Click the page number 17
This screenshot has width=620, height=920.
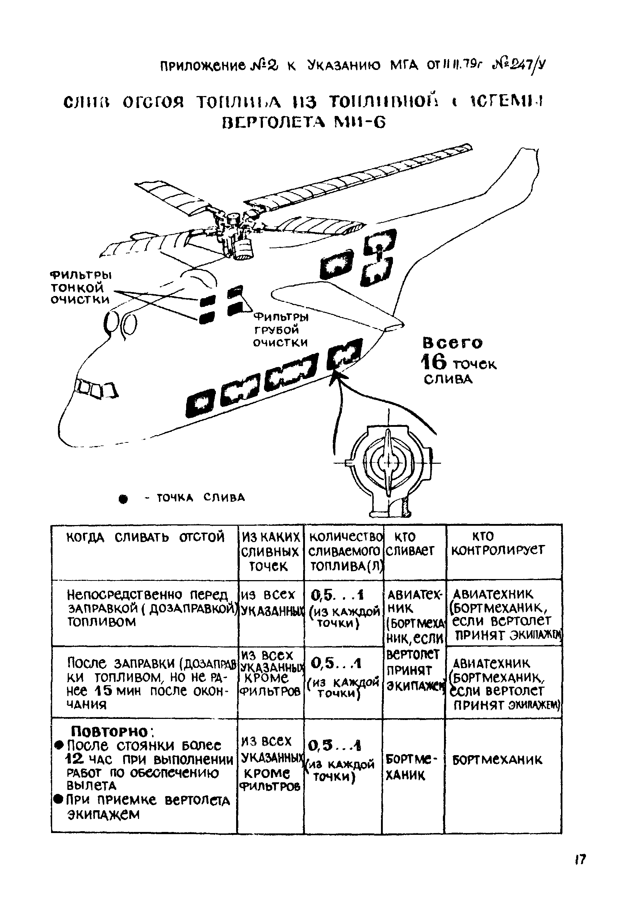pyautogui.click(x=580, y=870)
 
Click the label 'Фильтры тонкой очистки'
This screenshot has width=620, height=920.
pyautogui.click(x=81, y=287)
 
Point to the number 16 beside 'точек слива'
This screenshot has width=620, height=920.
pyautogui.click(x=433, y=362)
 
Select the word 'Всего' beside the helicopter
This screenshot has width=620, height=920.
pyautogui.click(x=453, y=342)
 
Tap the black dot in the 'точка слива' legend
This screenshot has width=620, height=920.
pyautogui.click(x=124, y=500)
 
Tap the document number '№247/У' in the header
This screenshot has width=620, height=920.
pyautogui.click(x=518, y=64)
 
